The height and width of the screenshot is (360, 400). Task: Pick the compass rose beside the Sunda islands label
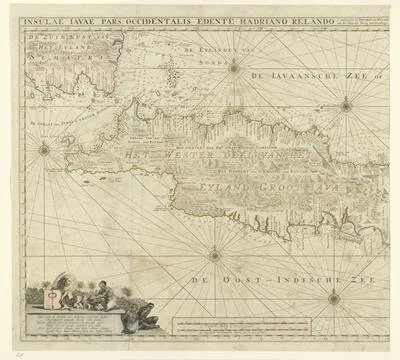[x=234, y=68]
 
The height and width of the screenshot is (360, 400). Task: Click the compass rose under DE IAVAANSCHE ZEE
[x=345, y=104]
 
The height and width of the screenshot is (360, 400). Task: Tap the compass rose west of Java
[x=44, y=151]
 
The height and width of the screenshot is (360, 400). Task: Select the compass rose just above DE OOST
[x=214, y=254]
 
